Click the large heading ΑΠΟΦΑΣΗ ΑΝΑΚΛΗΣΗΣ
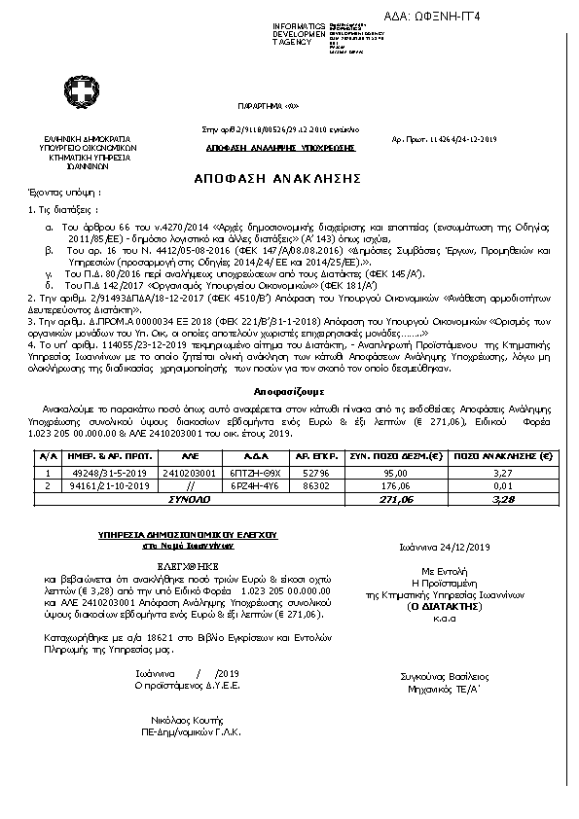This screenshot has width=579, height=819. click(289, 179)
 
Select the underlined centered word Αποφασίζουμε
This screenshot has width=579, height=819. click(289, 411)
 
